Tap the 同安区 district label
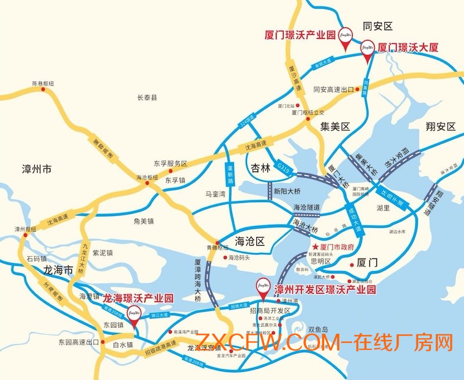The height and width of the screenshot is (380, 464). click(x=378, y=26)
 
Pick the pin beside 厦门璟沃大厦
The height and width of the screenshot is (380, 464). click(x=367, y=47)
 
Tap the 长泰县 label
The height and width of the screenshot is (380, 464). click(x=147, y=98)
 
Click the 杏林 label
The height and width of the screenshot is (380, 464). click(x=260, y=169)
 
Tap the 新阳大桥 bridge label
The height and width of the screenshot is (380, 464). click(x=288, y=191)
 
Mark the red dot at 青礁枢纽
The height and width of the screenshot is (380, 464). click(x=217, y=242)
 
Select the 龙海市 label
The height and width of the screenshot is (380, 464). click(x=58, y=270)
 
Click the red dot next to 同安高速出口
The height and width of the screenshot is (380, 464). click(x=358, y=90)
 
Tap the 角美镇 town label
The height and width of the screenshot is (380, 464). click(x=142, y=221)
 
